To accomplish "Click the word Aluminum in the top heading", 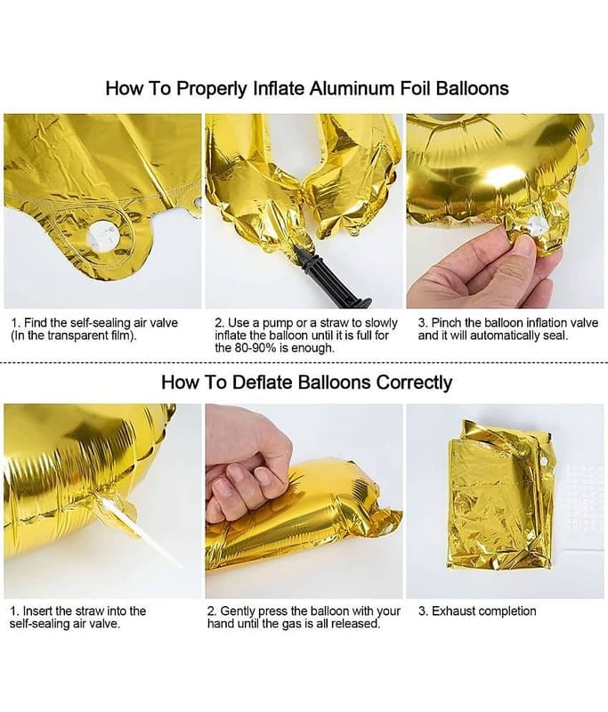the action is tap(353, 88).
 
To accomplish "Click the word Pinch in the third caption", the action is tap(446, 323).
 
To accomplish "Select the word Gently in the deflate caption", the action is tap(238, 611).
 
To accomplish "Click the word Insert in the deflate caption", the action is tap(38, 611).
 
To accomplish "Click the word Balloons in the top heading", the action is tap(472, 88).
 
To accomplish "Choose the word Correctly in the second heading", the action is tap(414, 383).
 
